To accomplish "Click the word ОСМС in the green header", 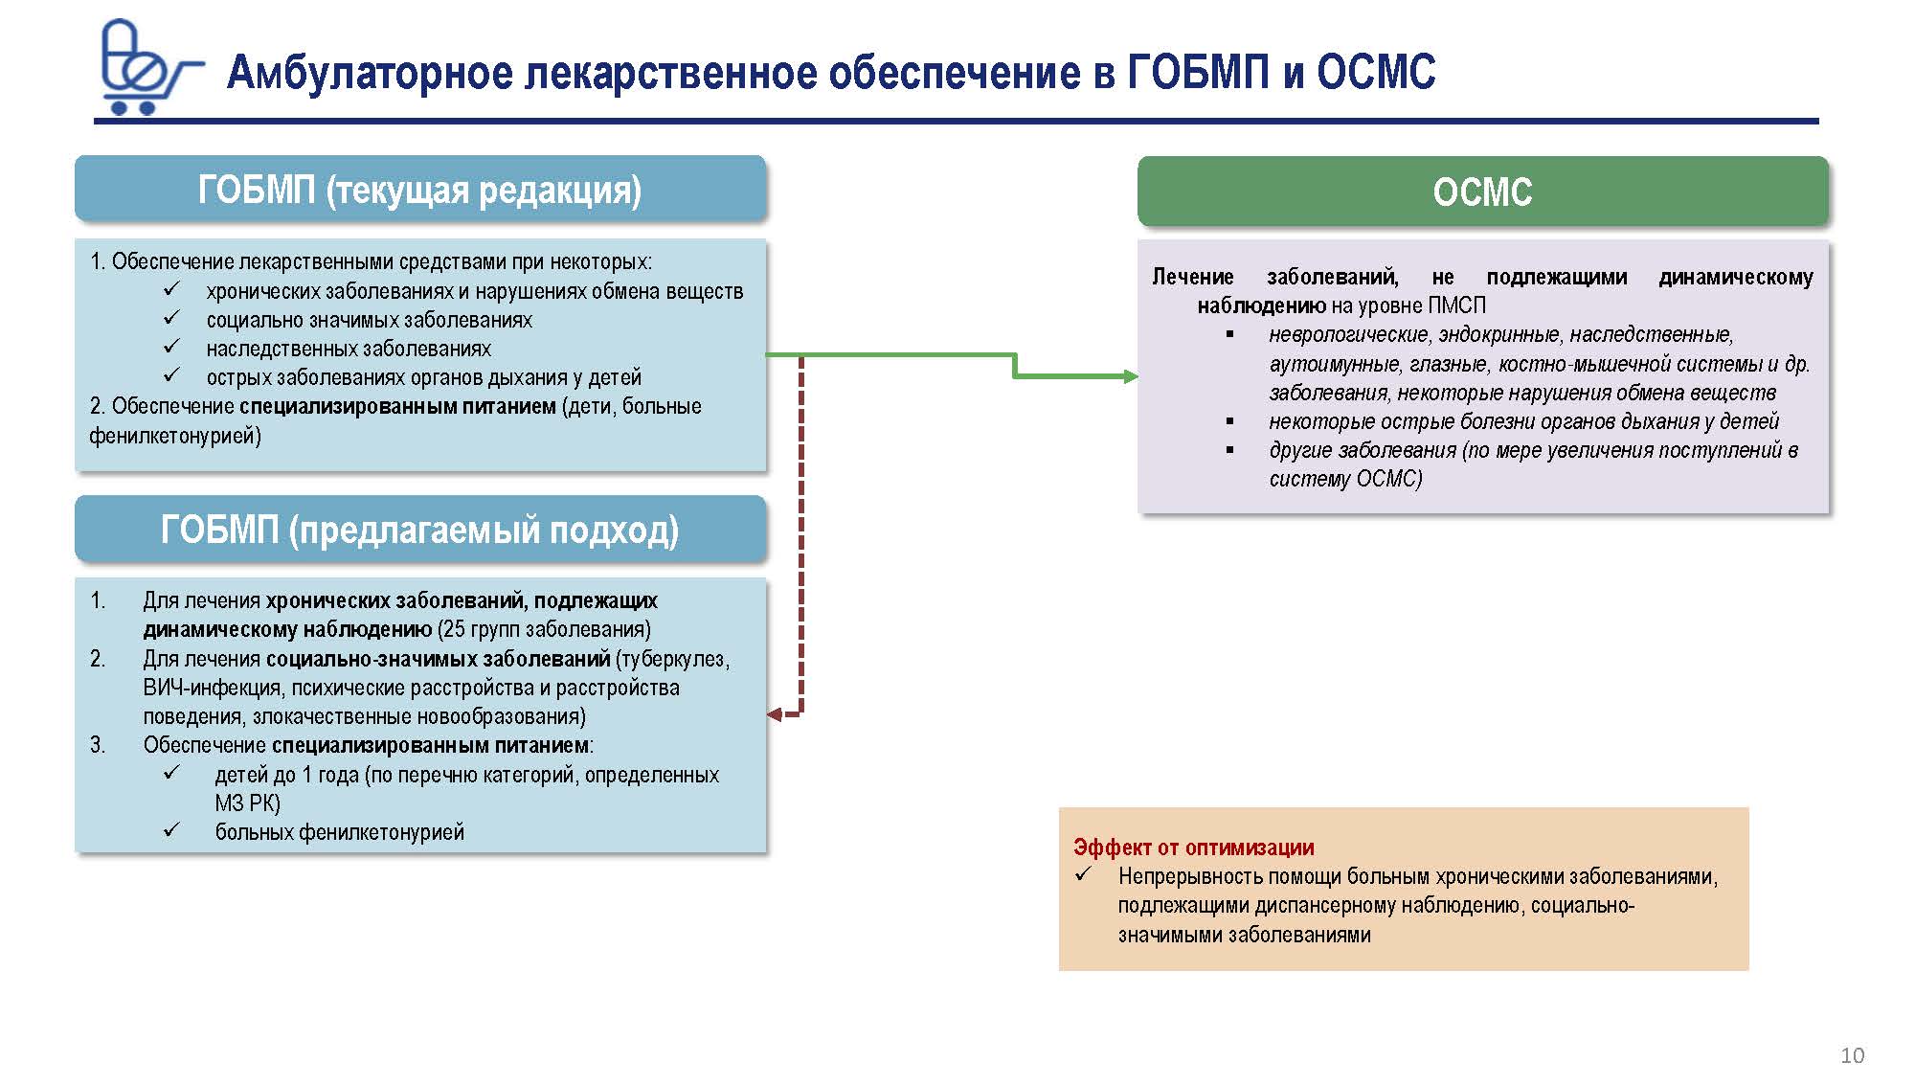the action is pyautogui.click(x=1482, y=192).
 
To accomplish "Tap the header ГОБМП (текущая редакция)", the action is pyautogui.click(x=419, y=190).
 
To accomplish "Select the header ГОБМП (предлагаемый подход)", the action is pyautogui.click(x=419, y=530).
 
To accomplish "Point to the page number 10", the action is pyautogui.click(x=1852, y=1055).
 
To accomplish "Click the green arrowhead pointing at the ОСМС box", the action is pyautogui.click(x=1131, y=376).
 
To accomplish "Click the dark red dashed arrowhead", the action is pyautogui.click(x=775, y=713).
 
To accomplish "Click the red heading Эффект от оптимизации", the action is pyautogui.click(x=1193, y=848).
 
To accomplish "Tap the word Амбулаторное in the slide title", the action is pyautogui.click(x=369, y=73).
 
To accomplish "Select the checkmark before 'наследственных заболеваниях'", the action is pyautogui.click(x=172, y=347).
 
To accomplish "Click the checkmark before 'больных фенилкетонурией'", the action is pyautogui.click(x=172, y=829).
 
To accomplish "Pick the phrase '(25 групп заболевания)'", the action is pyautogui.click(x=544, y=629).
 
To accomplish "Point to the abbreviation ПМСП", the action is pyautogui.click(x=1456, y=305).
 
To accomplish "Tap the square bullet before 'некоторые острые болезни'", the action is pyautogui.click(x=1230, y=421).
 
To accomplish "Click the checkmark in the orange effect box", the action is pyautogui.click(x=1083, y=873).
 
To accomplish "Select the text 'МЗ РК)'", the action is pyautogui.click(x=247, y=803).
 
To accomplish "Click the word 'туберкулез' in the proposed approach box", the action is pyautogui.click(x=675, y=659).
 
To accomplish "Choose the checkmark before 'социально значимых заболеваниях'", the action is pyautogui.click(x=172, y=318).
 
